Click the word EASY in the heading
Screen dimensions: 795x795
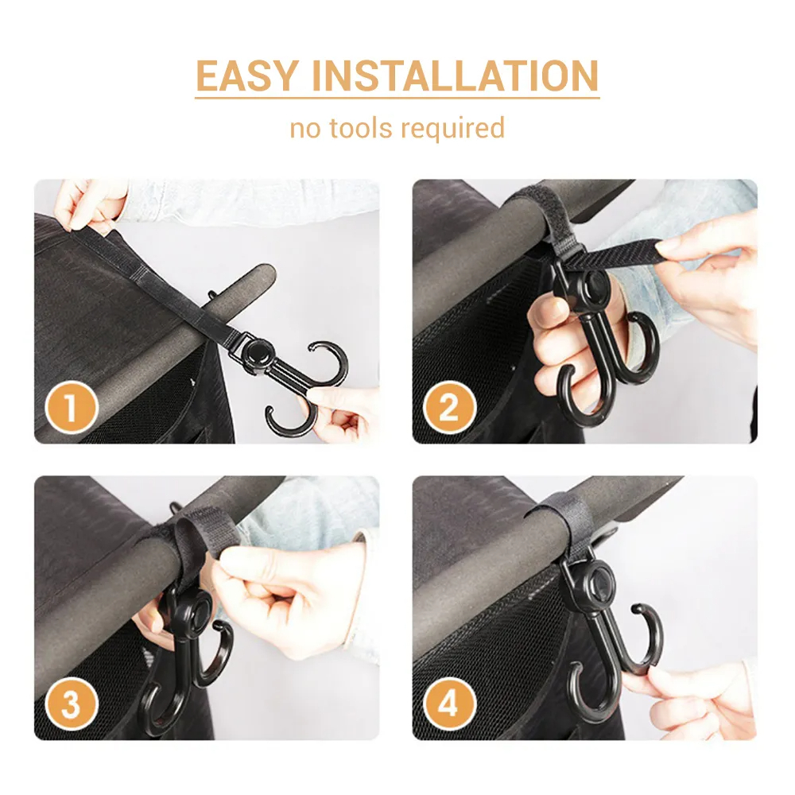[247, 76]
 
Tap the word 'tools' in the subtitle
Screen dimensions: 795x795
[360, 127]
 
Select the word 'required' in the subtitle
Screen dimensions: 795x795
[453, 129]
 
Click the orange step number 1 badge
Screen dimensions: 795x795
[71, 406]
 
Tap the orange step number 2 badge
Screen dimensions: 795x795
[449, 406]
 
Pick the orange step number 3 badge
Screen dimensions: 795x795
[71, 703]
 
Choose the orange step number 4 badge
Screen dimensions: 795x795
[449, 703]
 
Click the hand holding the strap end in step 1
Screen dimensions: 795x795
[89, 203]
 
